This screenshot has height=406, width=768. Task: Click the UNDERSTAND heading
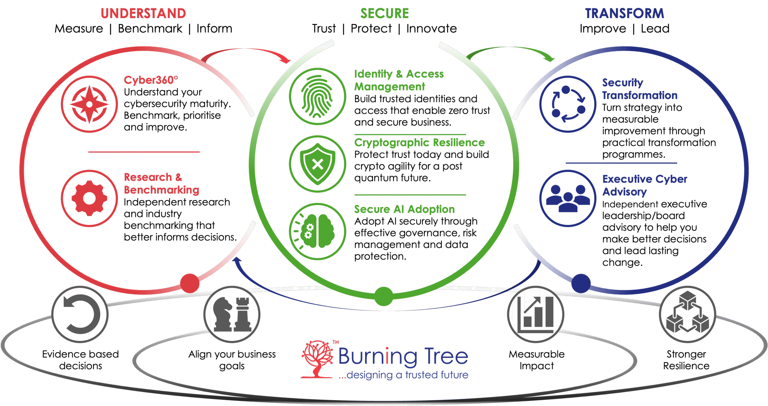pos(143,14)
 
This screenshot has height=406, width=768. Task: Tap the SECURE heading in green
pos(385,14)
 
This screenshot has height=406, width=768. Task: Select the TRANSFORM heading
pos(625,14)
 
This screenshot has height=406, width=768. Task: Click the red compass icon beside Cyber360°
pos(89,104)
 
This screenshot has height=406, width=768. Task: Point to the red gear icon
pos(89,198)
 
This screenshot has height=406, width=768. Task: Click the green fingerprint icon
pos(317,96)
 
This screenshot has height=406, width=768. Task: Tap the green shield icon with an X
pos(317,164)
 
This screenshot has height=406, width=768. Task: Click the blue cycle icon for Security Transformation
pos(568,104)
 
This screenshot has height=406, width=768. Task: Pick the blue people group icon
pos(568,198)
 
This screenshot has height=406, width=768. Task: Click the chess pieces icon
pos(232,314)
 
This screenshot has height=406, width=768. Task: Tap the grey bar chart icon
pos(536,314)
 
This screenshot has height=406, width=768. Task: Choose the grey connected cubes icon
pos(687,314)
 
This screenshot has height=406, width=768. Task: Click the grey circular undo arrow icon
pos(80,314)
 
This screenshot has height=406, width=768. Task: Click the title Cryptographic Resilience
pos(419,142)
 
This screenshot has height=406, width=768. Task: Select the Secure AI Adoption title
pos(404,209)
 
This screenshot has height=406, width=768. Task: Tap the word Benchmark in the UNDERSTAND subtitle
pos(150,29)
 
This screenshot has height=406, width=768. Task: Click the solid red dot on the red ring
pos(190,283)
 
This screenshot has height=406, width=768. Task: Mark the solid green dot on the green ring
pos(384,296)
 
